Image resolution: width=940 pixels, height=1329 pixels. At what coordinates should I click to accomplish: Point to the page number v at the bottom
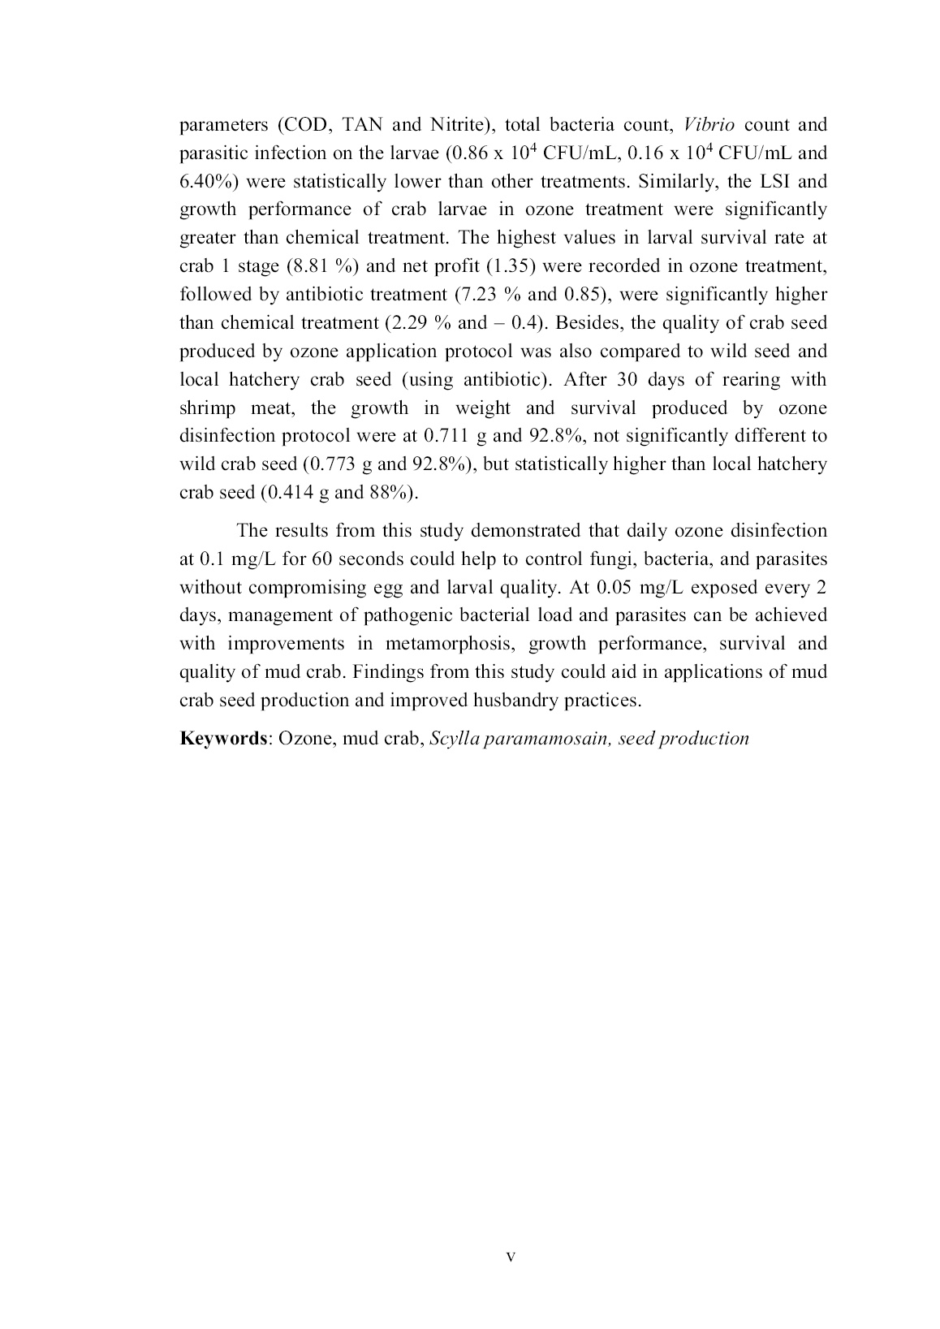tap(511, 1257)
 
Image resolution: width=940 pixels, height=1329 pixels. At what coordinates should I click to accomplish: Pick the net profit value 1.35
tap(506, 266)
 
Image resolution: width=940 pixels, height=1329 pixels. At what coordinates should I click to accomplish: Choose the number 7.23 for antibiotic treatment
tap(481, 295)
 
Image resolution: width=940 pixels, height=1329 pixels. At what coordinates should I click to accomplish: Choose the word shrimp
tap(207, 408)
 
